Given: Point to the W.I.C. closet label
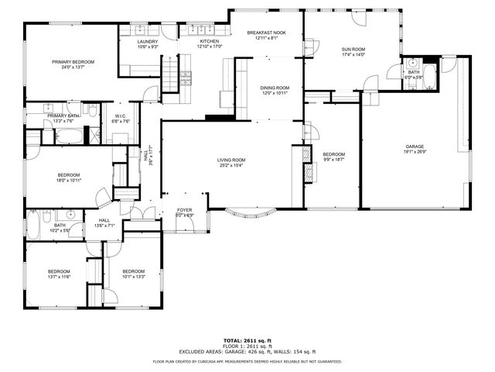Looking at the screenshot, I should click(121, 119).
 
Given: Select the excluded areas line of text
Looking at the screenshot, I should click(247, 351).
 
